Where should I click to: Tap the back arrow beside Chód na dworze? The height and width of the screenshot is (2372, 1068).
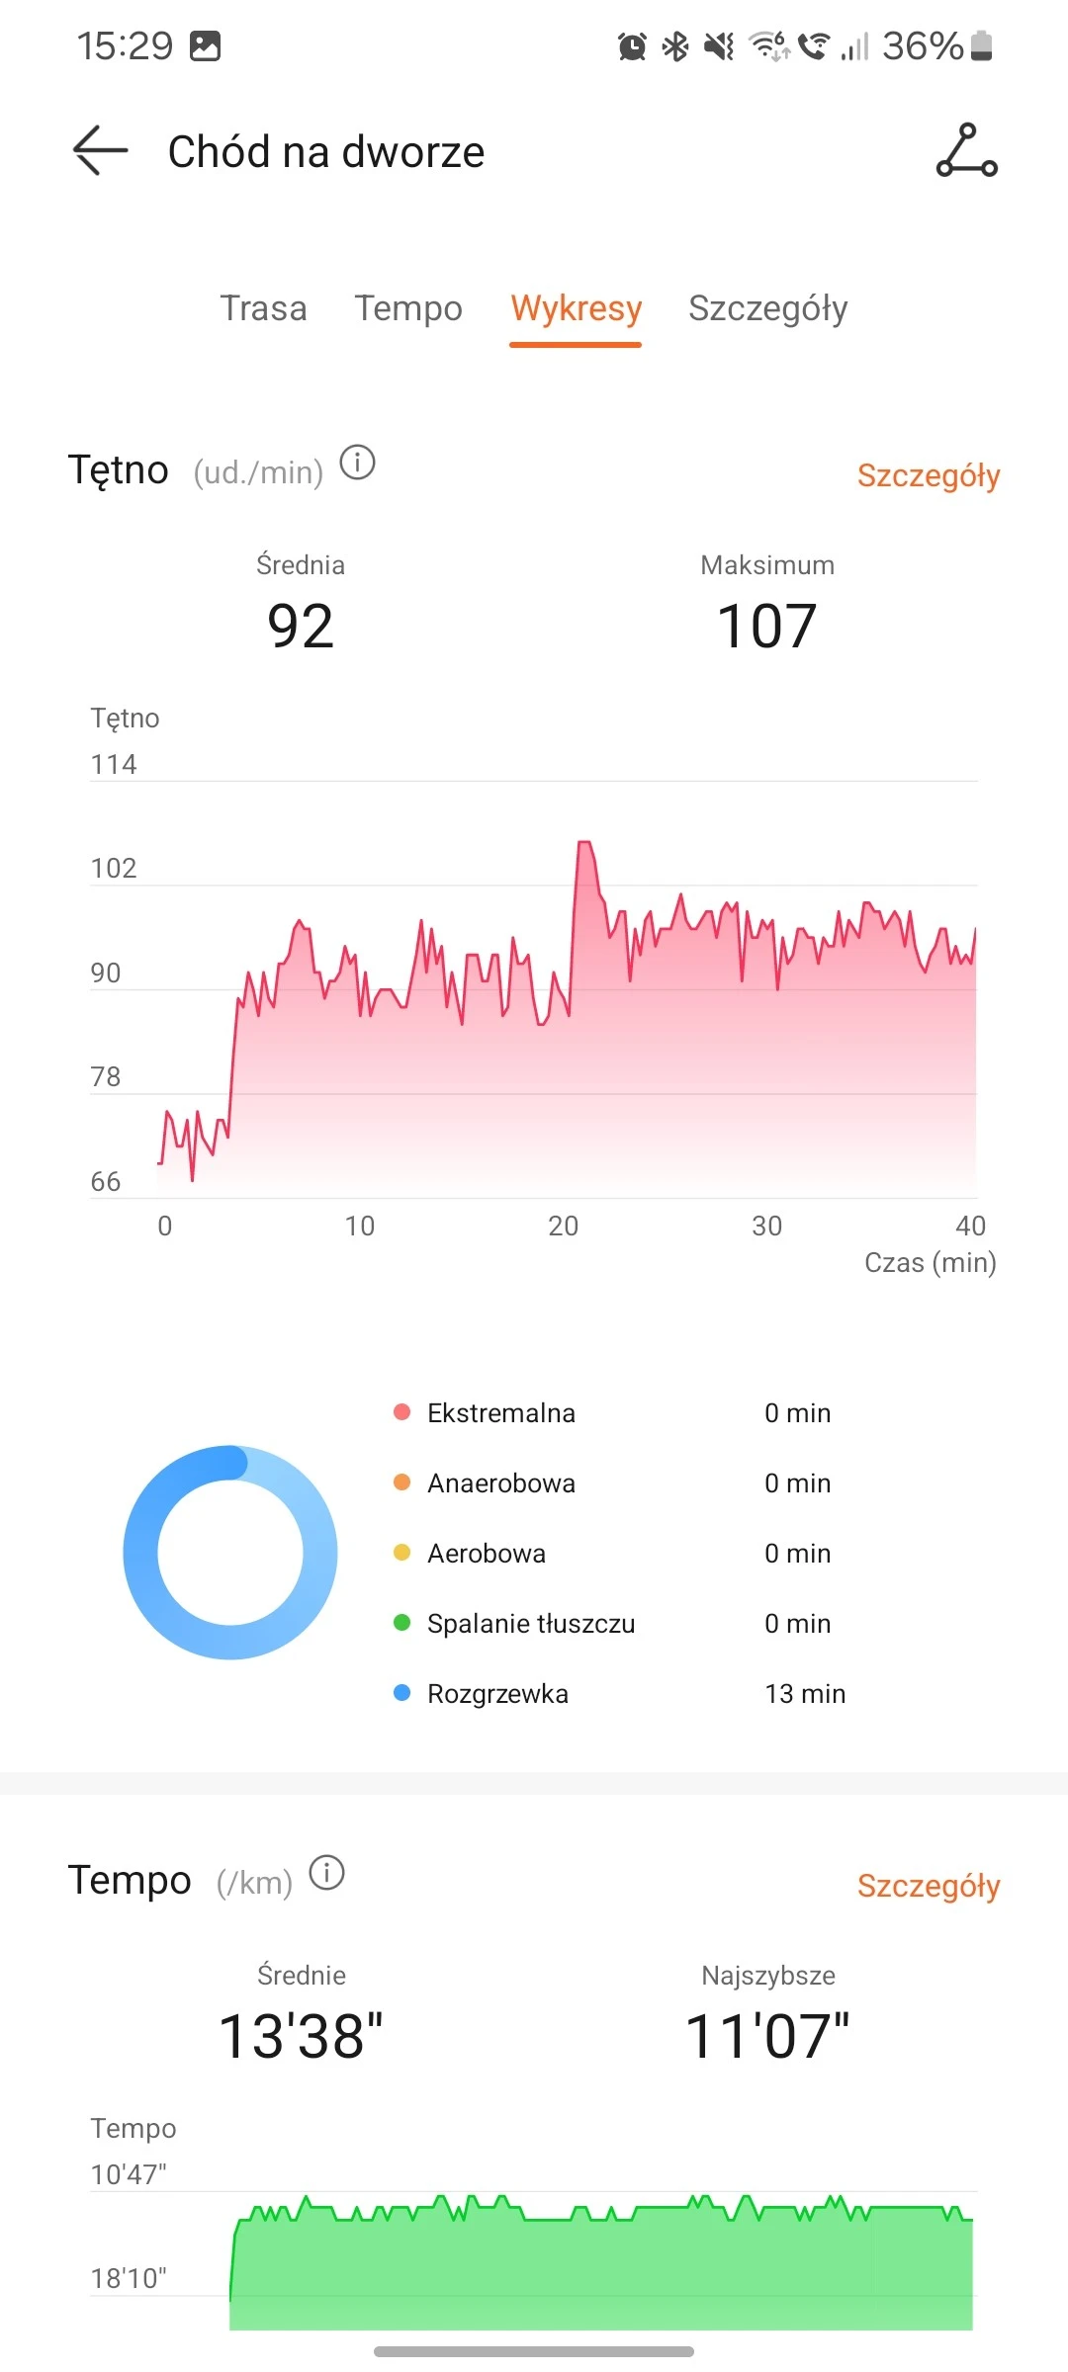pyautogui.click(x=101, y=151)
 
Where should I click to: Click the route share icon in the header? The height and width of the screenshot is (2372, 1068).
pyautogui.click(x=966, y=151)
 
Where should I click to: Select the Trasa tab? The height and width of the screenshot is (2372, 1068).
pyautogui.click(x=263, y=308)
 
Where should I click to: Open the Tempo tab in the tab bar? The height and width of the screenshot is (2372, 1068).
pyautogui.click(x=408, y=308)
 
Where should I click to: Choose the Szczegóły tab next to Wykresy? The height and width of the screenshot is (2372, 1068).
pyautogui.click(x=767, y=308)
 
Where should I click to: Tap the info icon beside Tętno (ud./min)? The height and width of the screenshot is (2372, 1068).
pyautogui.click(x=357, y=463)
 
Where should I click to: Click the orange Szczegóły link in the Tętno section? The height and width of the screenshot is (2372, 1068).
pyautogui.click(x=928, y=475)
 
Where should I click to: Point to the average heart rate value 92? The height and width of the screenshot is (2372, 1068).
pyautogui.click(x=301, y=627)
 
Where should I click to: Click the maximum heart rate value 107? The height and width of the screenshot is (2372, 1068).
pyautogui.click(x=766, y=627)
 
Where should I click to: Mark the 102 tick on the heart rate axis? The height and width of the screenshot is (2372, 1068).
pyautogui.click(x=114, y=869)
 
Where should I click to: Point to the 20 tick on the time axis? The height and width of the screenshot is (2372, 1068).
pyautogui.click(x=563, y=1227)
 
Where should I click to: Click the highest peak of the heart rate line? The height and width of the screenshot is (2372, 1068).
pyautogui.click(x=584, y=843)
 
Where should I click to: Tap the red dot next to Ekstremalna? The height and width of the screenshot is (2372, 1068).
pyautogui.click(x=401, y=1412)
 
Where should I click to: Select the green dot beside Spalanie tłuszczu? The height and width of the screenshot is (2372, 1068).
pyautogui.click(x=401, y=1623)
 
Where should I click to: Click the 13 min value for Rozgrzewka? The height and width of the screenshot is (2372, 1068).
pyautogui.click(x=804, y=1694)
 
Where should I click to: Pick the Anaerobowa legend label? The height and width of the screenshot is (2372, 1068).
pyautogui.click(x=500, y=1483)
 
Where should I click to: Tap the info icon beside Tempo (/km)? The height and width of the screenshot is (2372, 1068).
pyautogui.click(x=326, y=1873)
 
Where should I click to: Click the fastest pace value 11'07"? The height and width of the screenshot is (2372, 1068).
pyautogui.click(x=766, y=2037)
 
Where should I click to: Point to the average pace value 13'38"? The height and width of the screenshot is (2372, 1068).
pyautogui.click(x=301, y=2037)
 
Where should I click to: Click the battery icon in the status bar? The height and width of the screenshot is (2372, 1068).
pyautogui.click(x=981, y=45)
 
